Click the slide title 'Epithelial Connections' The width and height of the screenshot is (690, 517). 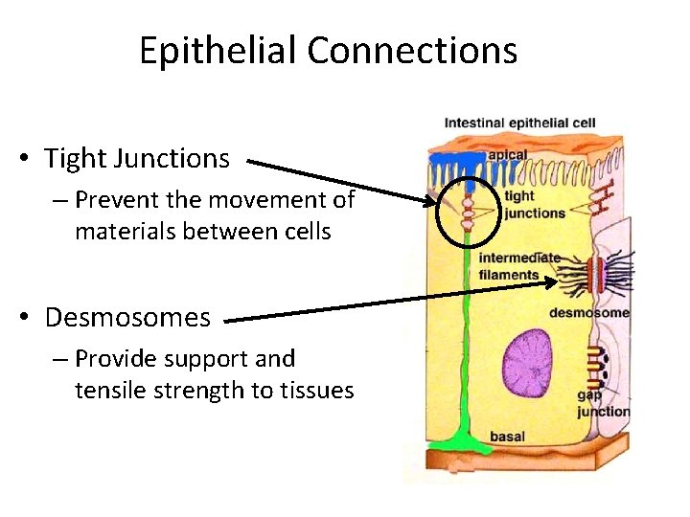pyautogui.click(x=328, y=51)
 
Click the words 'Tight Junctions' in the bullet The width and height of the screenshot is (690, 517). pyautogui.click(x=137, y=158)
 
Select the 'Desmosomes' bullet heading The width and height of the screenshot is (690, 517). pyautogui.click(x=127, y=317)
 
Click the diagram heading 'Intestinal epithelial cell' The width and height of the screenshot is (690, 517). pyautogui.click(x=518, y=123)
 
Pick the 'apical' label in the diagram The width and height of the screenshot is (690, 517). pyautogui.click(x=507, y=154)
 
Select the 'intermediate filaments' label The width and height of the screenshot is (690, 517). pyautogui.click(x=517, y=266)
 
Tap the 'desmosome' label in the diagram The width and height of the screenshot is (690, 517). pyautogui.click(x=588, y=313)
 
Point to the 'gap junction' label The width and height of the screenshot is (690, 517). pyautogui.click(x=601, y=403)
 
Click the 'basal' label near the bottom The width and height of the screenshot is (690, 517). pyautogui.click(x=507, y=437)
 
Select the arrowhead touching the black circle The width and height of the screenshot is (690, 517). pyautogui.click(x=427, y=201)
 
